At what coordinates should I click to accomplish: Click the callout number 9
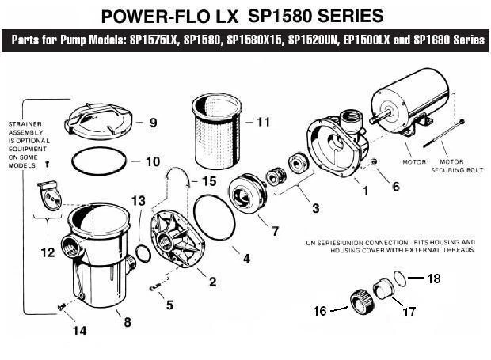tap(154, 123)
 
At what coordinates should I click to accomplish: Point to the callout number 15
tap(208, 181)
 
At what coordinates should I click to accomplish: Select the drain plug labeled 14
tap(60, 306)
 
